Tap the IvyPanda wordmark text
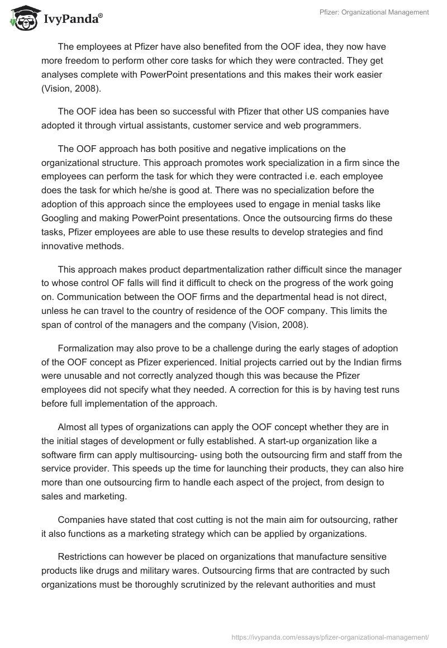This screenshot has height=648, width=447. click(x=73, y=19)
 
